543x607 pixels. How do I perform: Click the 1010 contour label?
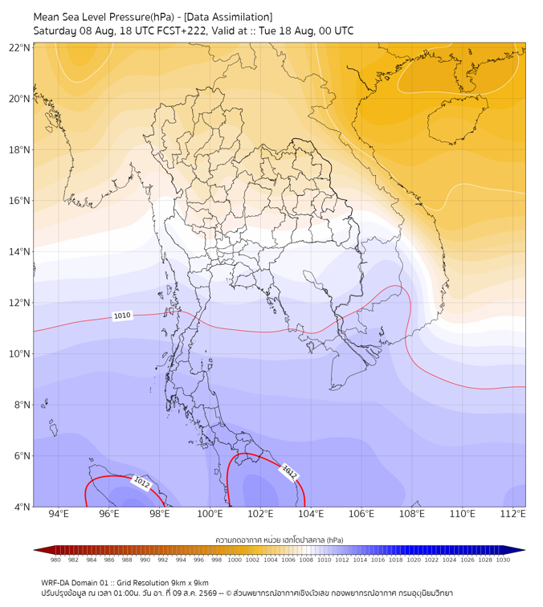(x=122, y=316)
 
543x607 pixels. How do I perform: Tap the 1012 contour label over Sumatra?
(x=141, y=483)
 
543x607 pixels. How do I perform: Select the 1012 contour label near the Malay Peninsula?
(x=289, y=472)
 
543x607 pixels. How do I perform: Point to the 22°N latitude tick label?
(x=19, y=48)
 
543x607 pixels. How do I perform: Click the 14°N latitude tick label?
(x=19, y=252)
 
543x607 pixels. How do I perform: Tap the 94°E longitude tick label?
(x=59, y=514)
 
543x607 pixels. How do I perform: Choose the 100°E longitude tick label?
(x=210, y=514)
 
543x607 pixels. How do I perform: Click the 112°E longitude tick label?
(x=513, y=514)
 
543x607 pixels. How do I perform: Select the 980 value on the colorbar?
(x=55, y=560)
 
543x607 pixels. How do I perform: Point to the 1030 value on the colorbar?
(x=503, y=560)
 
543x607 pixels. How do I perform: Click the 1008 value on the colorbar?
(x=306, y=560)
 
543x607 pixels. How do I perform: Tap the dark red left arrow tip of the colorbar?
(x=35, y=550)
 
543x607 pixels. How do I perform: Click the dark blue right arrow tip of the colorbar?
(x=524, y=550)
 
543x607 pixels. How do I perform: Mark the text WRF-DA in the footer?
(x=55, y=583)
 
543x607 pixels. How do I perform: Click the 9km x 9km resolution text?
(x=190, y=583)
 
